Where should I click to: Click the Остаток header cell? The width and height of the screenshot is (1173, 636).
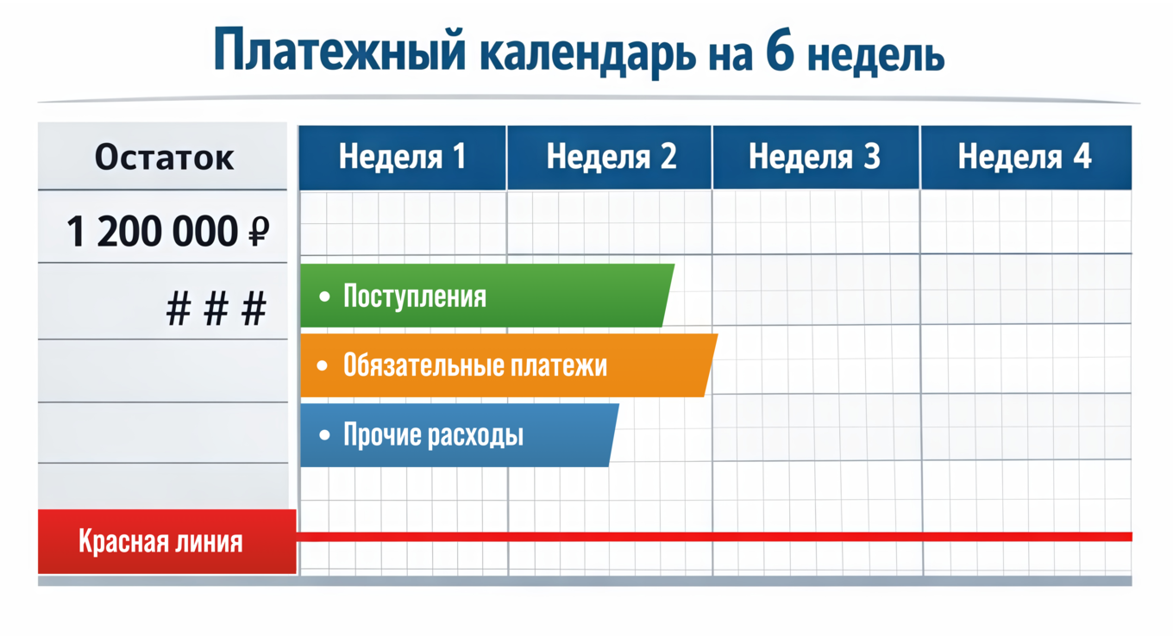[x=164, y=158]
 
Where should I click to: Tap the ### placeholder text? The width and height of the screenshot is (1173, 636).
[x=216, y=309]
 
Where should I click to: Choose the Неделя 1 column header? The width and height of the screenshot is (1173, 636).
[x=402, y=157]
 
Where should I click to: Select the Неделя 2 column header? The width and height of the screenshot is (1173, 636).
[x=611, y=157]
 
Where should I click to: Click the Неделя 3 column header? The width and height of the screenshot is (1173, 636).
[x=815, y=157]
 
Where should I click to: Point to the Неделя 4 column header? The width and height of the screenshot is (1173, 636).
[x=1025, y=157]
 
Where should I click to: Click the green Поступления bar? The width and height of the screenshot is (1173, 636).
[x=483, y=296]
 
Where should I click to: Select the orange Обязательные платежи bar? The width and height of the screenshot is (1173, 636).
[x=505, y=365]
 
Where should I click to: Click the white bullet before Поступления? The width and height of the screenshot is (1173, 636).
[x=323, y=296]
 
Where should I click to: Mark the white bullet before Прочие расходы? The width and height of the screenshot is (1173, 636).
[x=323, y=435]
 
